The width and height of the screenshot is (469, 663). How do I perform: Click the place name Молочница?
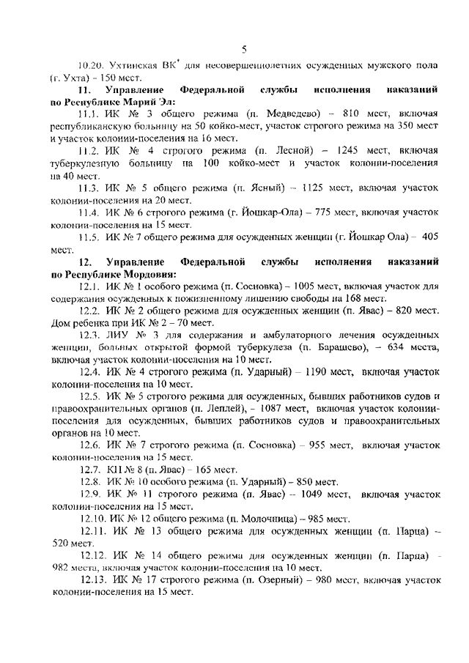pos(275,519)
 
